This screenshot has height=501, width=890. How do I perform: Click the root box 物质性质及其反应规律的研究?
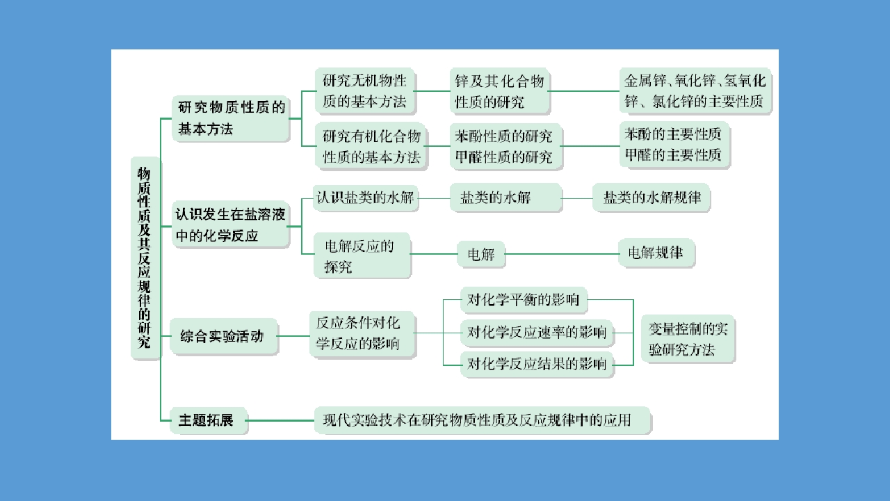click(x=145, y=258)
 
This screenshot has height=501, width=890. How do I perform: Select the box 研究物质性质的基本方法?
click(x=231, y=118)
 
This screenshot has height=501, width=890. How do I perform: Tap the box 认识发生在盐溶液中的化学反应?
click(x=230, y=225)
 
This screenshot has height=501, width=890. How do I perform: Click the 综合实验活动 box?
click(x=224, y=336)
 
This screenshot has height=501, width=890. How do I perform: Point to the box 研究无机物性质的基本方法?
click(x=365, y=91)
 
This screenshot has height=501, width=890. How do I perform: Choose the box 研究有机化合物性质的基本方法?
click(x=371, y=146)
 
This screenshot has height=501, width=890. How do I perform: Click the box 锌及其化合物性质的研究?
click(x=500, y=91)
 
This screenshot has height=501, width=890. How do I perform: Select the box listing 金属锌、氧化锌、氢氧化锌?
click(x=695, y=91)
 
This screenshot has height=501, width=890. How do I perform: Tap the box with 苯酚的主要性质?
click(x=674, y=145)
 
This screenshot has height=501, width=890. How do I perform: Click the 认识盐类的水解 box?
click(x=366, y=198)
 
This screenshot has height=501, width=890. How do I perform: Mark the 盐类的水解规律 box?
click(x=652, y=198)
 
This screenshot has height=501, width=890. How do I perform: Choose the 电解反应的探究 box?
click(x=362, y=255)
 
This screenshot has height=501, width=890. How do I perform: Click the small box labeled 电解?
click(x=480, y=254)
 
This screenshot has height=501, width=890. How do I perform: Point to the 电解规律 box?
click(x=656, y=253)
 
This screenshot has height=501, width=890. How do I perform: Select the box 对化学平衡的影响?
click(x=524, y=300)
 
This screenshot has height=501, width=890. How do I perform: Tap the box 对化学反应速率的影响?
click(x=537, y=333)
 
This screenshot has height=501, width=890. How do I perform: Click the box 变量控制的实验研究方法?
click(x=688, y=339)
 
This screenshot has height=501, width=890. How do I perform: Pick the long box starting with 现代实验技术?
click(x=483, y=420)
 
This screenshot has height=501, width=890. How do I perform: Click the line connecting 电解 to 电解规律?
click(x=561, y=254)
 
